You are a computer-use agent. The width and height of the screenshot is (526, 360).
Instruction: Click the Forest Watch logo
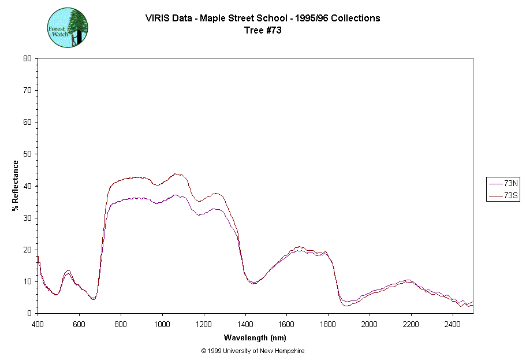pyautogui.click(x=68, y=27)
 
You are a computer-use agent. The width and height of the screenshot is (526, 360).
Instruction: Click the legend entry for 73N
pyautogui.click(x=504, y=183)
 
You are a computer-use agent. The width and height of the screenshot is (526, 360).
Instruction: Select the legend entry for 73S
pyautogui.click(x=504, y=196)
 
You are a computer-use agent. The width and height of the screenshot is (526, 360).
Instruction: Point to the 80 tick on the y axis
pyautogui.click(x=27, y=58)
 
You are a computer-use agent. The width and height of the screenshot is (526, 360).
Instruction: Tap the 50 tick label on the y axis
pyautogui.click(x=27, y=154)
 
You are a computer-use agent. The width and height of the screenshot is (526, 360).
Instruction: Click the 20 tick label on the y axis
pyautogui.click(x=27, y=250)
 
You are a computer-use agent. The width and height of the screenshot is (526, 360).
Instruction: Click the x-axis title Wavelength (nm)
pyautogui.click(x=256, y=338)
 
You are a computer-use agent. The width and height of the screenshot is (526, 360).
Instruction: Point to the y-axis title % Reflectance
pyautogui.click(x=16, y=185)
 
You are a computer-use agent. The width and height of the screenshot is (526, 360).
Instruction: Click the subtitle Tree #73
pyautogui.click(x=263, y=31)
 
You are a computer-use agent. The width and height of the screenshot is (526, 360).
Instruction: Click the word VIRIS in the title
pyautogui.click(x=157, y=18)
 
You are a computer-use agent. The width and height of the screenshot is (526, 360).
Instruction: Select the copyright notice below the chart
pyautogui.click(x=252, y=351)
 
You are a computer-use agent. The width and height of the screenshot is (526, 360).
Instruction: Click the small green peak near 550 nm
pyautogui.click(x=68, y=270)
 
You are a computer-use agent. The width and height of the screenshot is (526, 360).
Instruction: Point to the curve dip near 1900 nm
pyautogui.click(x=347, y=305)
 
